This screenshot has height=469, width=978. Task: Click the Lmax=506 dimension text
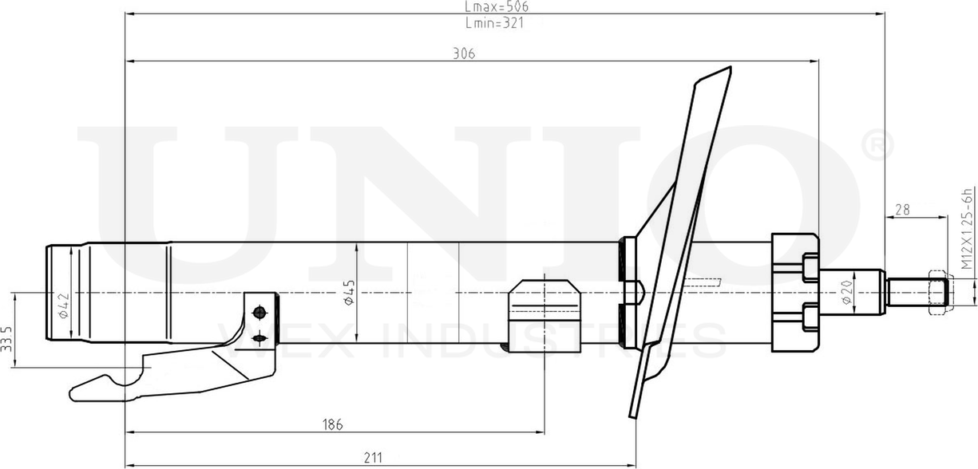tap(497, 6)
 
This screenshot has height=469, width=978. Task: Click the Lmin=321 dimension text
tap(493, 23)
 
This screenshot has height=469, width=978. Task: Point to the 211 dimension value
tap(373, 458)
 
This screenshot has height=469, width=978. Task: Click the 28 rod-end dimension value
tap(902, 210)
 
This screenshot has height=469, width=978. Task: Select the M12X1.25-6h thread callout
tap(967, 231)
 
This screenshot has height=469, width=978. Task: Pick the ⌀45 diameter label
tap(349, 294)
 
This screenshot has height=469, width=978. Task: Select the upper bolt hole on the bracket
tap(258, 311)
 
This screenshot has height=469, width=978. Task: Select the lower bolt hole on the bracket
tap(258, 340)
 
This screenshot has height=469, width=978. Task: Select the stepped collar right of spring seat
tap(794, 294)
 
